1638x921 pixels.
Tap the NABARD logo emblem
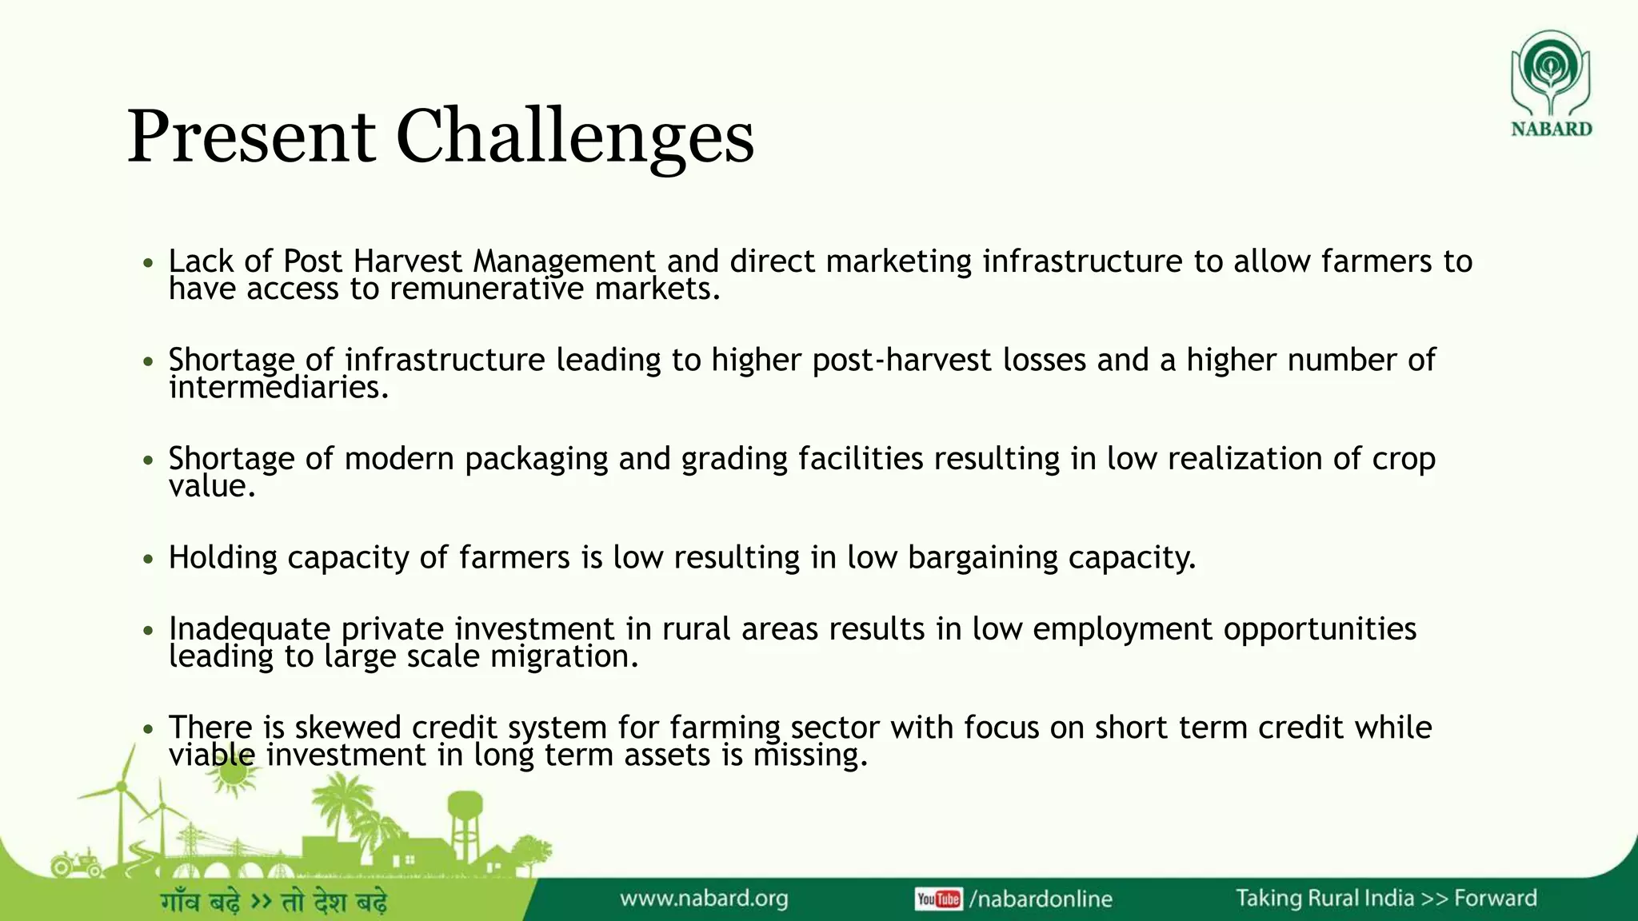(x=1550, y=72)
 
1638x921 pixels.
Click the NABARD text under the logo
(x=1551, y=129)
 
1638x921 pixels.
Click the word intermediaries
(x=278, y=388)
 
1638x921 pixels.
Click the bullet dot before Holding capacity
(x=147, y=559)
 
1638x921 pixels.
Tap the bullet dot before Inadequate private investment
(x=147, y=631)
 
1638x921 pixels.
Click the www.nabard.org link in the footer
(x=704, y=899)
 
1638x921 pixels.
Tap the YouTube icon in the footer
(x=937, y=899)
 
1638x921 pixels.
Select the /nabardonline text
(x=1041, y=899)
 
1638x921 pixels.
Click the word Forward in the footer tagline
(x=1495, y=899)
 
